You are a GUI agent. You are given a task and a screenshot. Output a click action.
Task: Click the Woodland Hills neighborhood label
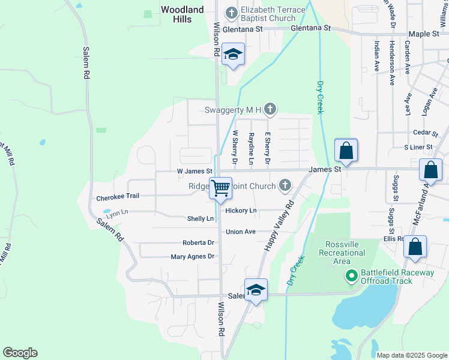pyautogui.click(x=182, y=14)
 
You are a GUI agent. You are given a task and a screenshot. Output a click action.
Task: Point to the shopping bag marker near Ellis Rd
pyautogui.click(x=415, y=247)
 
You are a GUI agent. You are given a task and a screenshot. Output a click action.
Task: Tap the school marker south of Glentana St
pyautogui.click(x=232, y=55)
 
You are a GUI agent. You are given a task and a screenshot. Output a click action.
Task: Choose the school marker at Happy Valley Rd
pyautogui.click(x=256, y=290)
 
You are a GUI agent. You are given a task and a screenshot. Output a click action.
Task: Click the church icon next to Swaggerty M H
pyautogui.click(x=271, y=109)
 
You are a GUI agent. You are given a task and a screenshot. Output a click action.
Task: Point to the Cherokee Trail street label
pyautogui.click(x=118, y=197)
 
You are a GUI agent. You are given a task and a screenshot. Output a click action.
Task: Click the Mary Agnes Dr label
pyautogui.click(x=192, y=257)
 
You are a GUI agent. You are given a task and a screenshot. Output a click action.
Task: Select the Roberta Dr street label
pyautogui.click(x=198, y=243)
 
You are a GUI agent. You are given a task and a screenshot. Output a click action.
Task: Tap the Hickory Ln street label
pyautogui.click(x=241, y=211)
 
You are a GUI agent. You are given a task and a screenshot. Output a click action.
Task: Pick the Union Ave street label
pyautogui.click(x=241, y=232)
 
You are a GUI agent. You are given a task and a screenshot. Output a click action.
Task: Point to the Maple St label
pyautogui.click(x=424, y=34)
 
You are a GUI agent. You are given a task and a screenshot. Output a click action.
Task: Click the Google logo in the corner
pyautogui.click(x=20, y=353)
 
